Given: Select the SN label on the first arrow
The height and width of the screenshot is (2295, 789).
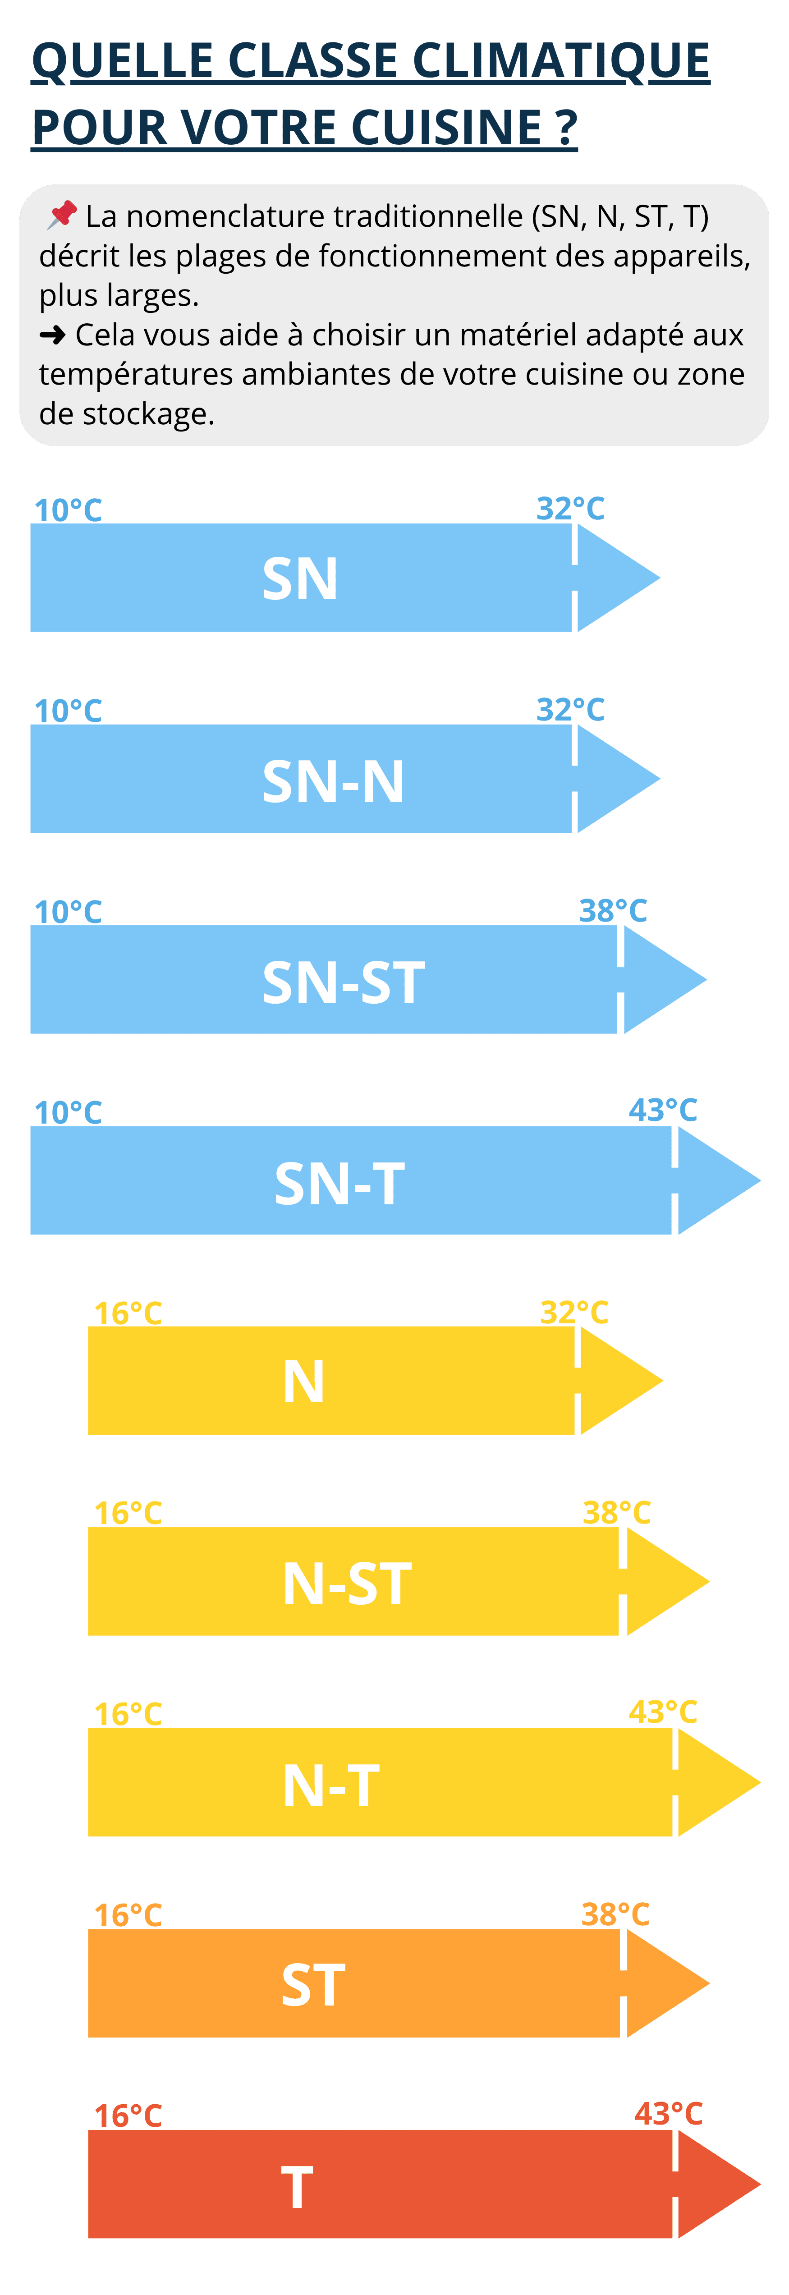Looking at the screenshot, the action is (300, 579).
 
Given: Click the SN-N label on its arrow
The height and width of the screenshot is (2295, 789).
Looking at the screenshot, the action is (333, 781).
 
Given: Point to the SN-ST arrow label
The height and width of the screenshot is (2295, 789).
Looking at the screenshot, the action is (344, 982).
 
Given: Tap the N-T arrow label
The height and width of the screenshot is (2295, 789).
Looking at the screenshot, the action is (331, 1786).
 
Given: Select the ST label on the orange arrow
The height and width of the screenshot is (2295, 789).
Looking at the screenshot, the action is (313, 1986).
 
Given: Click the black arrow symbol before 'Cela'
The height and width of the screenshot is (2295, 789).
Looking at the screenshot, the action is (53, 335).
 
